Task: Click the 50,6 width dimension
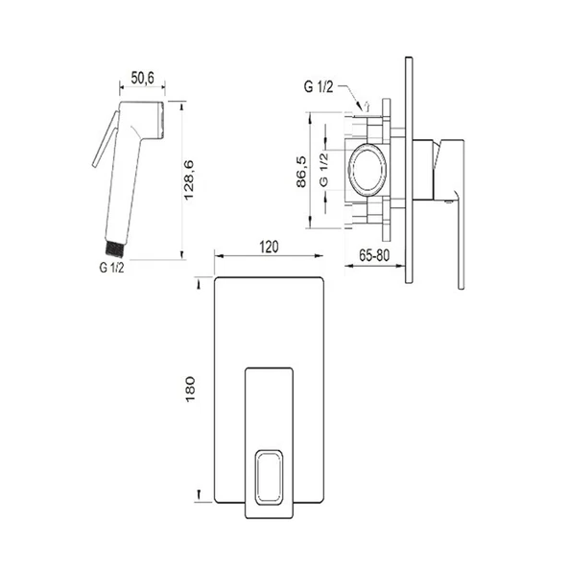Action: click(x=142, y=78)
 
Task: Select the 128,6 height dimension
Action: click(x=189, y=180)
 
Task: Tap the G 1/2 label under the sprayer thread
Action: click(x=111, y=268)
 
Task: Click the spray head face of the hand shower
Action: click(x=161, y=120)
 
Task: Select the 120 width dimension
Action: click(x=269, y=247)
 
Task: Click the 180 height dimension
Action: click(x=190, y=389)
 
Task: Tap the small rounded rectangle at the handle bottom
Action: click(x=269, y=477)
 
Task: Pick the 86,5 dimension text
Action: click(x=301, y=172)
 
